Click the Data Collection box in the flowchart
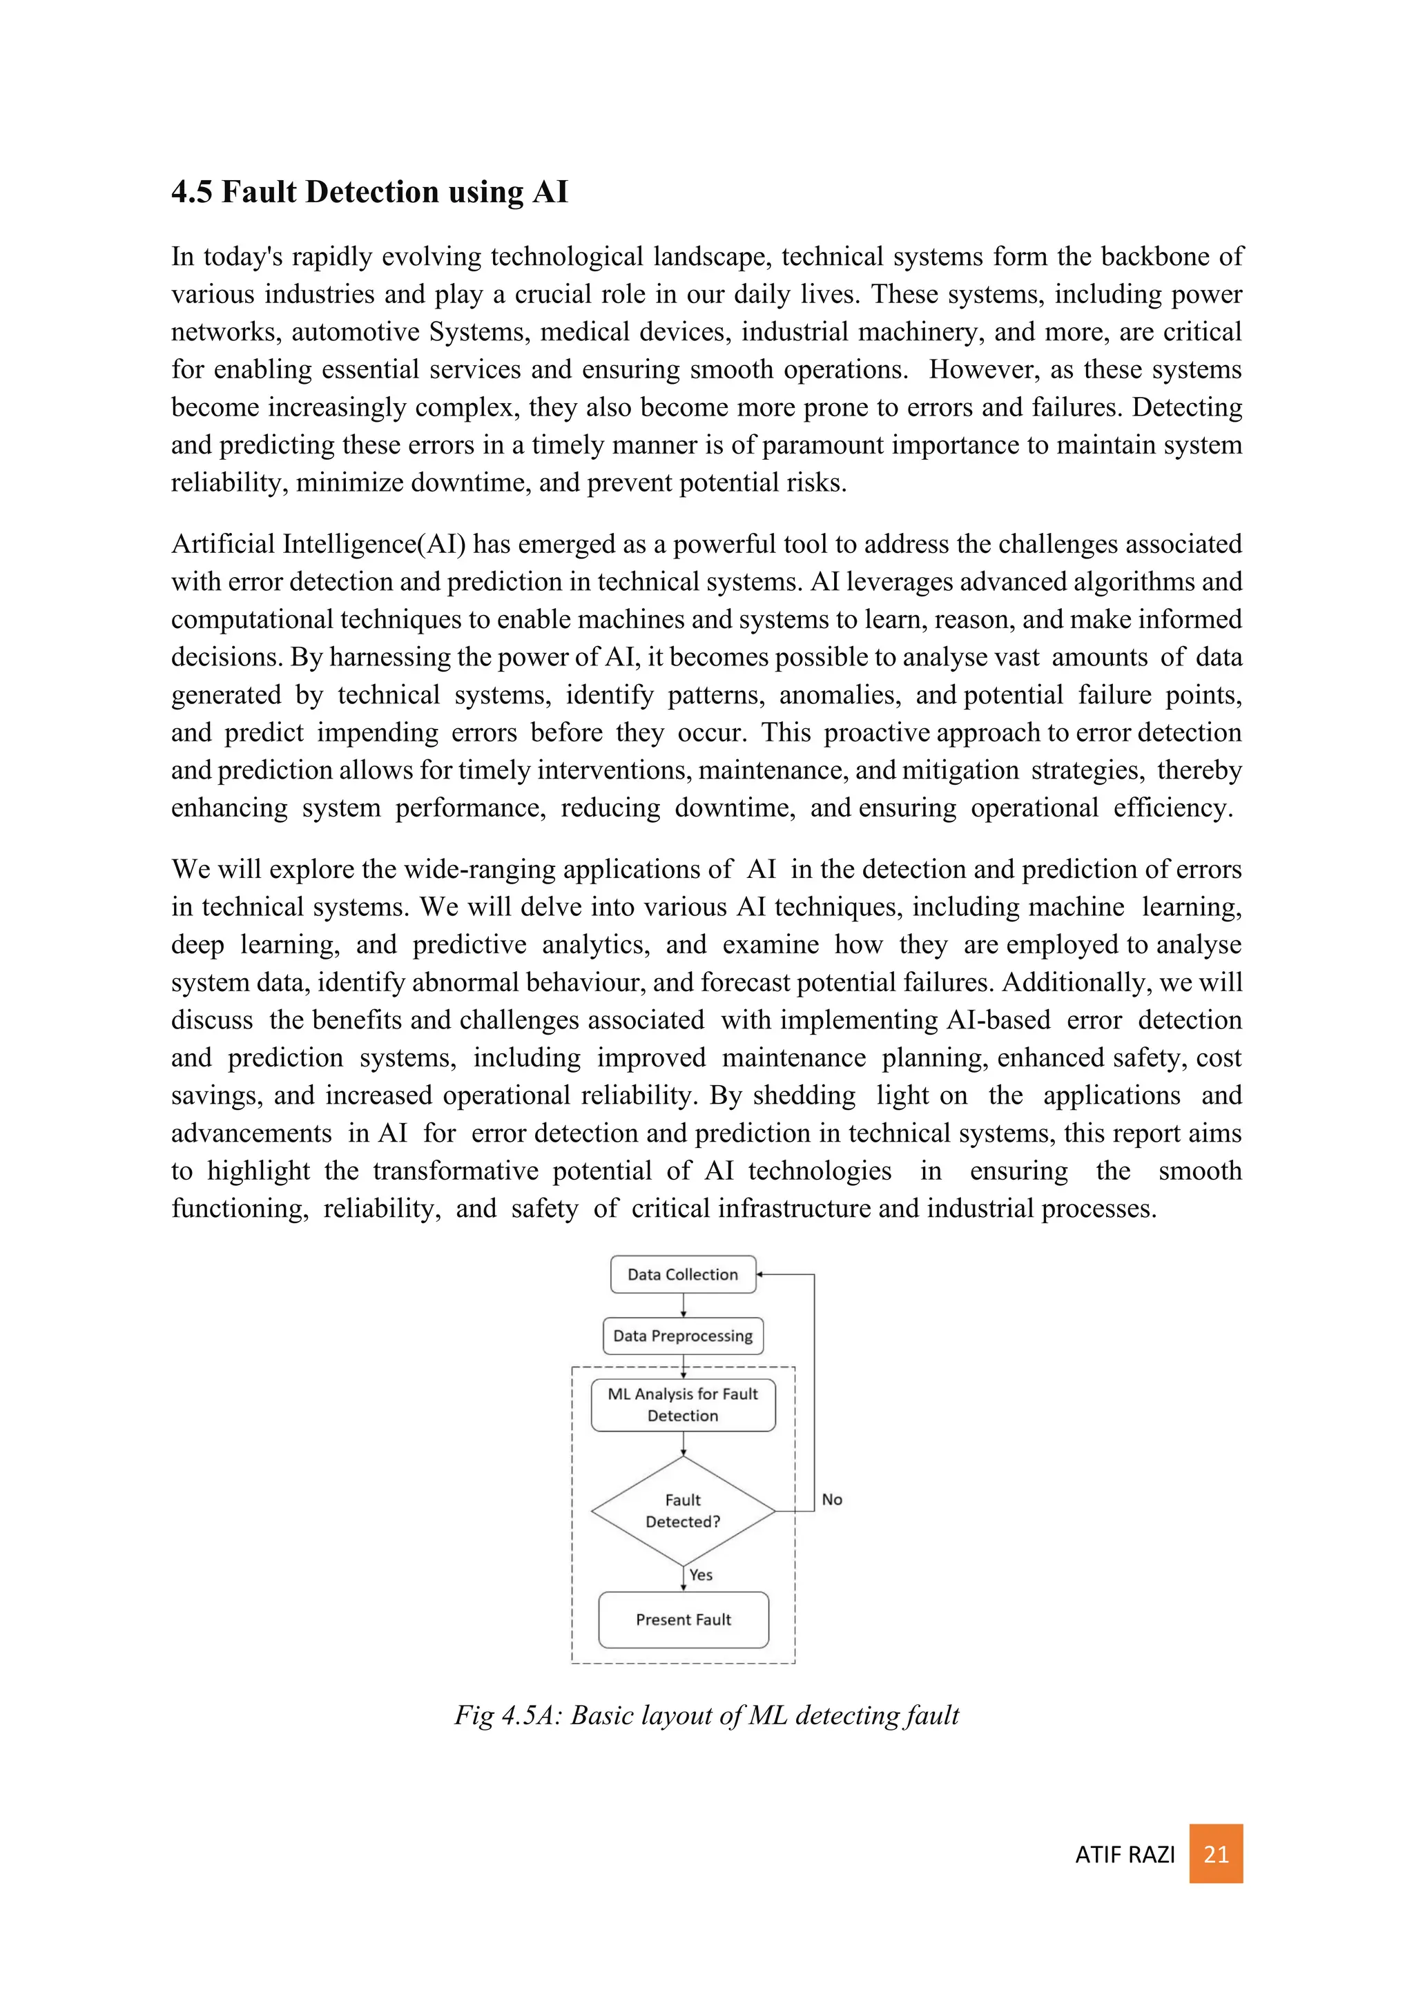pyautogui.click(x=683, y=1275)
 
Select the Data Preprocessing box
pyautogui.click(x=683, y=1336)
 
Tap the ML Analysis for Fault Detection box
pyautogui.click(x=683, y=1405)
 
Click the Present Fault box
pyautogui.click(x=683, y=1619)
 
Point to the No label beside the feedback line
pyautogui.click(x=831, y=1499)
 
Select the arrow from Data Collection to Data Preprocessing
pyautogui.click(x=684, y=1305)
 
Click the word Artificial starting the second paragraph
pyautogui.click(x=224, y=544)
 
